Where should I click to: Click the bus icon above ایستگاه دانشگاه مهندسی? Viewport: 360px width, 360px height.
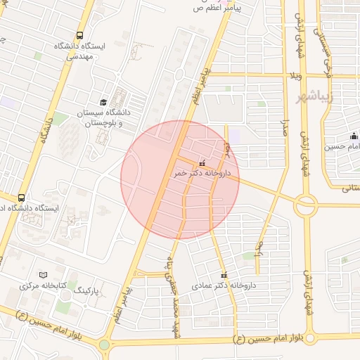pos(79,34)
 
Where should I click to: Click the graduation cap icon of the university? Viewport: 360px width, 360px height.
pos(103,103)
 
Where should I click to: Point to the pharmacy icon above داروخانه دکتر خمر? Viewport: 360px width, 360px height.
pos(203,162)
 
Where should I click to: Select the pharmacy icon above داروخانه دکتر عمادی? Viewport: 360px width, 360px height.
pos(224,275)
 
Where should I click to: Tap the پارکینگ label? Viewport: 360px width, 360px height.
pos(89,290)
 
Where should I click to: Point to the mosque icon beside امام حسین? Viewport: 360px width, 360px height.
pos(354,136)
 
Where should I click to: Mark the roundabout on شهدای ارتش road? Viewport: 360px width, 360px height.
pos(306,205)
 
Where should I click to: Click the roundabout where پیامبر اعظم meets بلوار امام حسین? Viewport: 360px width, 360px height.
pos(105,345)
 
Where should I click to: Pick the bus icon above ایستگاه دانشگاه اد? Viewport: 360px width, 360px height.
pos(22,198)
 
